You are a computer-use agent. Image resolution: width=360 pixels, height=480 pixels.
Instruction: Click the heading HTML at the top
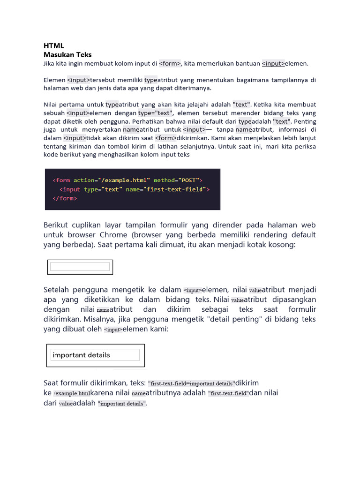click(53, 46)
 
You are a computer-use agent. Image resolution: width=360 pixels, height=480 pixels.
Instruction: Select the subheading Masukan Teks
click(67, 54)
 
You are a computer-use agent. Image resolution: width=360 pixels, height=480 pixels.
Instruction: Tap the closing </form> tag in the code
click(65, 198)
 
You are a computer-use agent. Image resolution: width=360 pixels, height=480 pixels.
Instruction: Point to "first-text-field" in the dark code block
click(175, 189)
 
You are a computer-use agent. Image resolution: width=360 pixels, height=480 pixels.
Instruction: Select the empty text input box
click(80, 267)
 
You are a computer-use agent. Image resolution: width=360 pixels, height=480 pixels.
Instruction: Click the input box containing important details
click(95, 355)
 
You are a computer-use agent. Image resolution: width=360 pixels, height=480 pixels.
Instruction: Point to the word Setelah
click(59, 290)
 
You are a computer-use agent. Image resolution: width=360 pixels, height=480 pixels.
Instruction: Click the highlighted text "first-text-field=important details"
click(191, 383)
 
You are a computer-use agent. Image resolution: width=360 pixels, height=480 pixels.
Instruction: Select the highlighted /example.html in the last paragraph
click(72, 393)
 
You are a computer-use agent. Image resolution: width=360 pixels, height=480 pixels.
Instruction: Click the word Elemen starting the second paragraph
click(54, 80)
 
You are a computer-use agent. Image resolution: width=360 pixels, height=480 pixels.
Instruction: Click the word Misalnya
click(102, 319)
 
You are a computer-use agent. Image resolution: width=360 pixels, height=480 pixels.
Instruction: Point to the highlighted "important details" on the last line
click(121, 404)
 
